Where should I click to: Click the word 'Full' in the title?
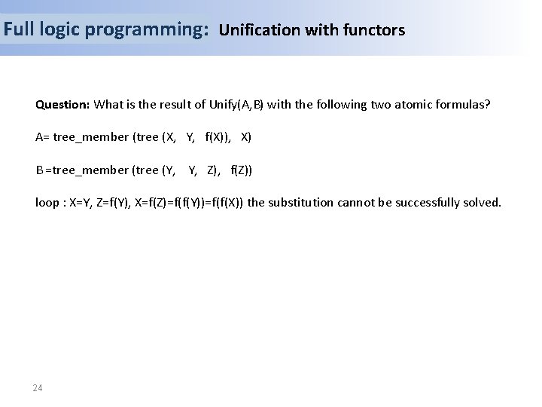17,30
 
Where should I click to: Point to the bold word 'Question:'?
62,104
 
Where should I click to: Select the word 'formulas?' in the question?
465,104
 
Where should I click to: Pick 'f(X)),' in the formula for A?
219,137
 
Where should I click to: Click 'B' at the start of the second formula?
39,170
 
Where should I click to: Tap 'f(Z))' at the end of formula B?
242,170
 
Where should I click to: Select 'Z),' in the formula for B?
213,170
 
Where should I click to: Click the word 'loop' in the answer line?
47,202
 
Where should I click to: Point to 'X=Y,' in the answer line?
81,202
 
